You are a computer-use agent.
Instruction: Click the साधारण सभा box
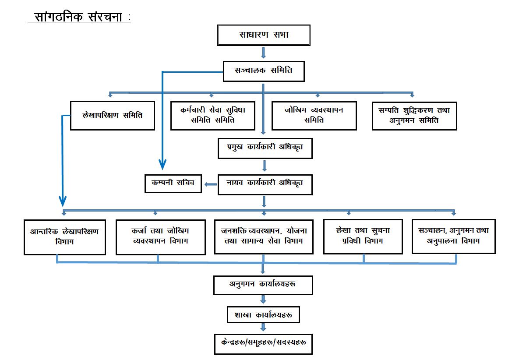click(x=264, y=35)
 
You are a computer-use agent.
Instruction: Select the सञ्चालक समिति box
click(x=264, y=71)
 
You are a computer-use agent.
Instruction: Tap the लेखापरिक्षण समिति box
click(x=113, y=116)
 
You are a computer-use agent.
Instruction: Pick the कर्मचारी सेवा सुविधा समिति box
click(x=213, y=116)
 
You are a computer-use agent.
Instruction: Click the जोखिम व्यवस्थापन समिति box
click(x=314, y=116)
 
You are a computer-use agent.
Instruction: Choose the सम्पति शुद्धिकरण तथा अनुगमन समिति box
click(x=414, y=116)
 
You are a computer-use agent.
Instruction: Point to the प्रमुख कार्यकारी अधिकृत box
click(x=265, y=148)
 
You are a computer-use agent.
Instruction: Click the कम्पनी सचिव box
click(x=173, y=183)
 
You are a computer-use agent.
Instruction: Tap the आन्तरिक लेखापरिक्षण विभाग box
click(x=65, y=236)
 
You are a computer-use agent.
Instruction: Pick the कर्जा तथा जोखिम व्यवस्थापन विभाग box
click(x=161, y=236)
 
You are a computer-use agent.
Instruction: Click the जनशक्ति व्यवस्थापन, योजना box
click(x=264, y=236)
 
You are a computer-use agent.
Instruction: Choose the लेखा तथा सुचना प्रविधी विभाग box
click(x=363, y=236)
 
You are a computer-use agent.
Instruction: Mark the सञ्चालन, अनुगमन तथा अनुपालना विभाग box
click(x=453, y=236)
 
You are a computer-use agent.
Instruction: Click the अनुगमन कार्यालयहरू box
click(x=263, y=285)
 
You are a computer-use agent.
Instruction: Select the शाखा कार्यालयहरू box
click(x=263, y=315)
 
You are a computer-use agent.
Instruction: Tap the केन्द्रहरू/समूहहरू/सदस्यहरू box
click(x=263, y=344)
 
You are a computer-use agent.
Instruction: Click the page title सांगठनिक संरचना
click(x=79, y=17)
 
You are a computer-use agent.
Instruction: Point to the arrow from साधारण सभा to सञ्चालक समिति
click(x=264, y=53)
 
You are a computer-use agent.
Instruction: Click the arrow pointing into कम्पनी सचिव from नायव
click(x=211, y=184)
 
